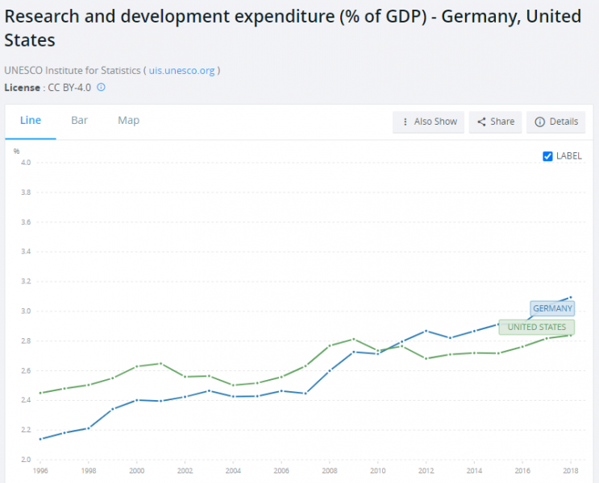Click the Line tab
coord(31,121)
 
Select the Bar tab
coord(79,121)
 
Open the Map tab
coord(128,121)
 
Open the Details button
coord(556,122)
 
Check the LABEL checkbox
coord(548,156)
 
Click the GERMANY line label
coord(552,308)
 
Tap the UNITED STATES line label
coord(536,327)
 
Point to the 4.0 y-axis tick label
coord(26,163)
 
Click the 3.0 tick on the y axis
coord(26,312)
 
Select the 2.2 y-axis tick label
coord(26,431)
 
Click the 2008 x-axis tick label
coord(329,469)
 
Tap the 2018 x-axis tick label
coord(570,469)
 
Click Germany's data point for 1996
coord(40,439)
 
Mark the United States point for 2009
coord(353,339)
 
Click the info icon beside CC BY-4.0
coord(102,87)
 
